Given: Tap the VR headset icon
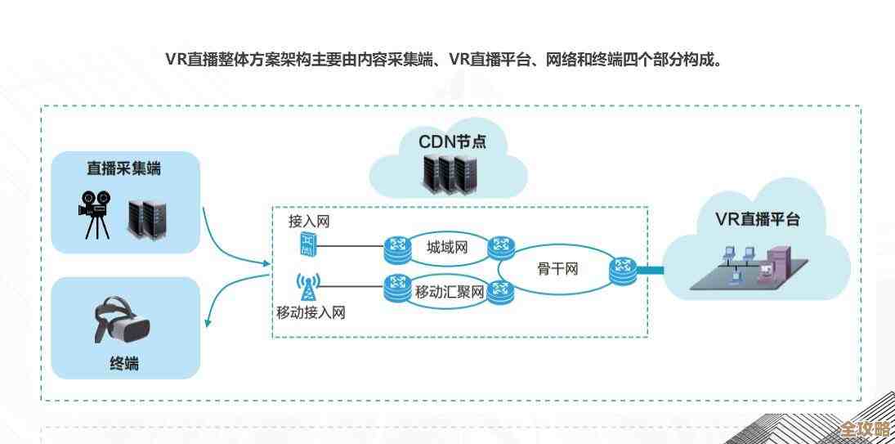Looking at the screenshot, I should pos(125,322).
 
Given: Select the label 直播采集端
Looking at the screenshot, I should pos(123,169).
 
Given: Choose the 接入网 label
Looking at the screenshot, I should pos(309,222).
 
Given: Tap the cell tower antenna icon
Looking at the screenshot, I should pos(307,288).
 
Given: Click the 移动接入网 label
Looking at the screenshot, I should pos(311,313).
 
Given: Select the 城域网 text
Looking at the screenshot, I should pos(447,247).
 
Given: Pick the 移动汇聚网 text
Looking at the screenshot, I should pos(450,290).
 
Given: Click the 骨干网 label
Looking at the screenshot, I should pos(558,267).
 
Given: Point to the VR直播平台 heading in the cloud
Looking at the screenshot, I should pos(758,219).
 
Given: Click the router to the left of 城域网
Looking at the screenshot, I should pos(399,246).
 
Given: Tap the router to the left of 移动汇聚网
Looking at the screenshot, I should pos(398,286).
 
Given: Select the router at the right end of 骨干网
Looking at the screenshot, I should pos(623,268).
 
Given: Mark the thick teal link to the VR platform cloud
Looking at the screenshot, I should pos(649,269).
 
